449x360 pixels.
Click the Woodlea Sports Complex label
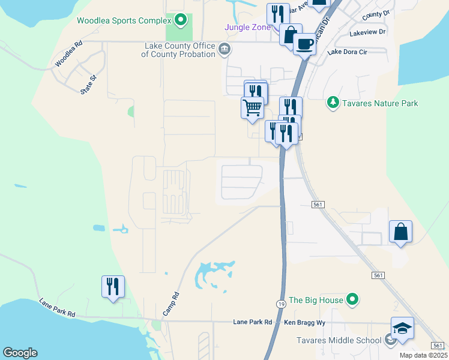(124, 21)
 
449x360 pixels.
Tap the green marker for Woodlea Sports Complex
(179, 22)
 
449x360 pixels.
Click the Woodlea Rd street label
(67, 54)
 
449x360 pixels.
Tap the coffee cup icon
(304, 44)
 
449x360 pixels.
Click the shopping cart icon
(253, 108)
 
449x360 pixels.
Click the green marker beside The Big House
(353, 299)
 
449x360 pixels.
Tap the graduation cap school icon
(402, 328)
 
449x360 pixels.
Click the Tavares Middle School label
(339, 341)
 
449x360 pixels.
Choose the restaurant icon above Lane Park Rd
(113, 286)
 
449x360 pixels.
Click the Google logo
(20, 353)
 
